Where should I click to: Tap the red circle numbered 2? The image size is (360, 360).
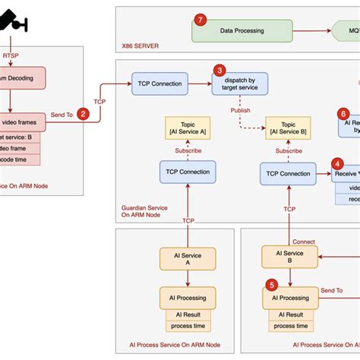pyautogui.click(x=84, y=114)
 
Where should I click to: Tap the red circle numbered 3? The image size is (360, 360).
pyautogui.click(x=219, y=70)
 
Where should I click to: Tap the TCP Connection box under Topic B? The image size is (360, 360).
pyautogui.click(x=288, y=173)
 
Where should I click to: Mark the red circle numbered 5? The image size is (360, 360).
pyautogui.click(x=271, y=286)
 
